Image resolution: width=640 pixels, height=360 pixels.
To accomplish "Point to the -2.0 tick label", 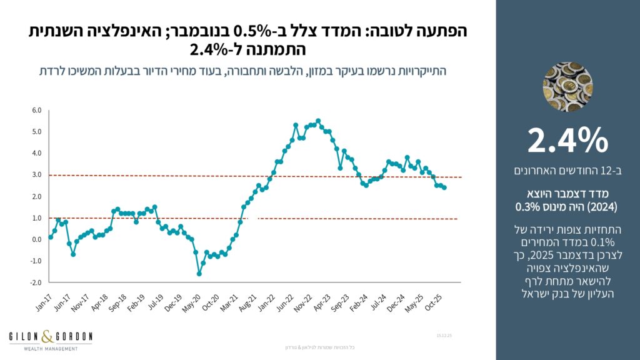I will [x=35, y=282].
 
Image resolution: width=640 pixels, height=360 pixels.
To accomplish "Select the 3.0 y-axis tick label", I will [x=36, y=175].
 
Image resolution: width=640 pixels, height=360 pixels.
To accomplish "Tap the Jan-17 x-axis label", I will [x=44, y=296].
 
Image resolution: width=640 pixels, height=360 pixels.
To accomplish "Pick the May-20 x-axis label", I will [x=192, y=296].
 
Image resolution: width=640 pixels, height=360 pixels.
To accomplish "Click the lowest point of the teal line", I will [x=199, y=274].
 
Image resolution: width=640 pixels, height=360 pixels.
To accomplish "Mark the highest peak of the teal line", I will [x=318, y=121].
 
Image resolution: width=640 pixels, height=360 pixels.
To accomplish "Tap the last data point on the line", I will [x=444, y=187].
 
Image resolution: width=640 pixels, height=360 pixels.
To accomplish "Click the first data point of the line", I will [x=51, y=237].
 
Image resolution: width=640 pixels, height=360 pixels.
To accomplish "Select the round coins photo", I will [x=567, y=86].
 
